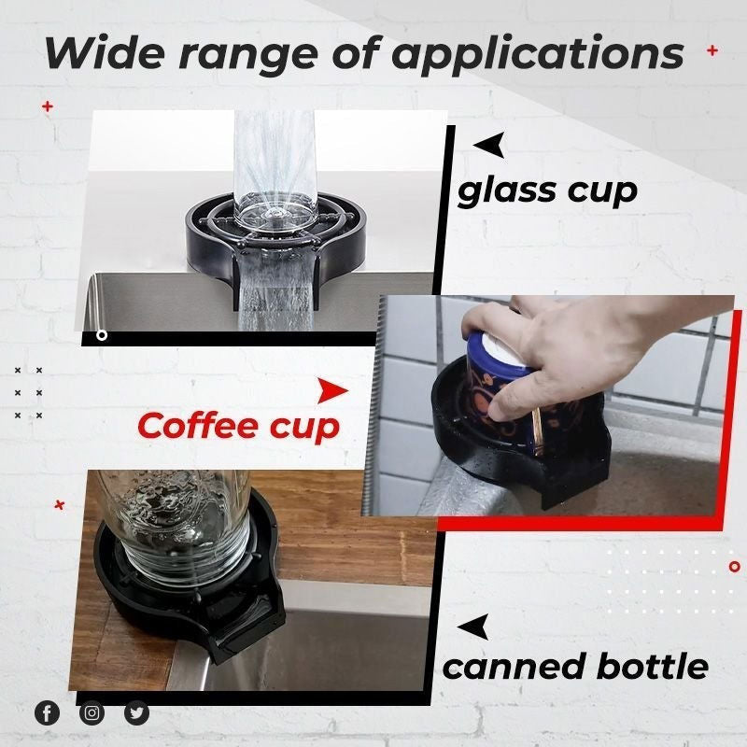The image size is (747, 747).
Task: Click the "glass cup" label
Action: (547, 191)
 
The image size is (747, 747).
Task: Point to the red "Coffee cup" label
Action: (237, 426)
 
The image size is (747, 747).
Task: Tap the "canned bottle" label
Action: (574, 667)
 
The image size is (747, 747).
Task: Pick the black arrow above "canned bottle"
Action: (474, 627)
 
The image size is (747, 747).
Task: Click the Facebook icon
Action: (47, 713)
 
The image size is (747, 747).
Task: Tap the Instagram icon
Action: (92, 713)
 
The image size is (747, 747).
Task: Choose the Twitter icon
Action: (136, 713)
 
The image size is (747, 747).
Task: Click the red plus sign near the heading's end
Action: (712, 50)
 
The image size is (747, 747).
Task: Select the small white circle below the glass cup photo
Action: (102, 335)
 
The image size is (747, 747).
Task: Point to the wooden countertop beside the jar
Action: (355, 523)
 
